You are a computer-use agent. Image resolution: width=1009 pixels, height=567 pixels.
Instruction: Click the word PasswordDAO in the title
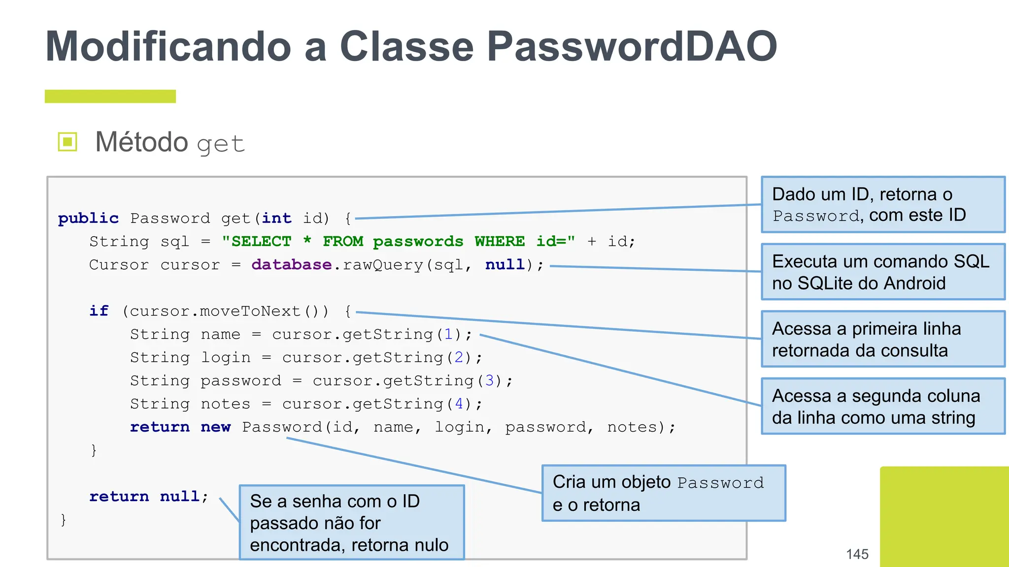[x=632, y=47]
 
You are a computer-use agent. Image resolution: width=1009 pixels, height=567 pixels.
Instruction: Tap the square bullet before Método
[x=67, y=142]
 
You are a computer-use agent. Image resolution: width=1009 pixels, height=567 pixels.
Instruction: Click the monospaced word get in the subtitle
[x=221, y=144]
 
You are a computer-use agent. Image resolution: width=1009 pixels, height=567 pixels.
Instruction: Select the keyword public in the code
[x=88, y=218]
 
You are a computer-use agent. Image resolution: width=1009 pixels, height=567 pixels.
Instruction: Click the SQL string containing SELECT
[x=398, y=241]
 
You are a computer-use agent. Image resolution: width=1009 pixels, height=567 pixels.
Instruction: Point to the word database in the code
[x=291, y=264]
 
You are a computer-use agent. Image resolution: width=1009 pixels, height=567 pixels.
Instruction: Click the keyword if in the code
[x=99, y=311]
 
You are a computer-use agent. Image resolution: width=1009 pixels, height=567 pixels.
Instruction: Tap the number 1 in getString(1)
[x=448, y=334]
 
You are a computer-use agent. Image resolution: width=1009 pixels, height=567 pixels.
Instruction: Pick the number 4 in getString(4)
[x=459, y=404]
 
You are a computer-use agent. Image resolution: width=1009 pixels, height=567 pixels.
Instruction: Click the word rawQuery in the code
[x=383, y=265]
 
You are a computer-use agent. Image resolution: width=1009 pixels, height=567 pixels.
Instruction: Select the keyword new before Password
[x=215, y=427]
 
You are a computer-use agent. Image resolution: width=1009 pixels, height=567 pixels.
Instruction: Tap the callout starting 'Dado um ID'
[x=882, y=204]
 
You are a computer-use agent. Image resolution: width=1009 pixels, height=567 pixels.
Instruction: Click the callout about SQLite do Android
[x=882, y=272]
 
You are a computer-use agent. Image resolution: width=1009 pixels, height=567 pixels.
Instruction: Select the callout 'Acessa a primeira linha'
[x=882, y=339]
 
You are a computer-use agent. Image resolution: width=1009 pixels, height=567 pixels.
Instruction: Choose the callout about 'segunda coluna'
[x=882, y=406]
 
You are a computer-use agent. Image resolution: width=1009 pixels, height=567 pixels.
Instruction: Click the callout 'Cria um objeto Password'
[x=663, y=493]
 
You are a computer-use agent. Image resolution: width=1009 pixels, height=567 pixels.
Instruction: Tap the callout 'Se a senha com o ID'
[x=351, y=523]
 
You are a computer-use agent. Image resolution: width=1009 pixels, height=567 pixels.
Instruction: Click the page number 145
[x=857, y=554]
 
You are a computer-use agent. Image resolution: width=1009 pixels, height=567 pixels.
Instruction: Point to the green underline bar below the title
[x=110, y=96]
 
